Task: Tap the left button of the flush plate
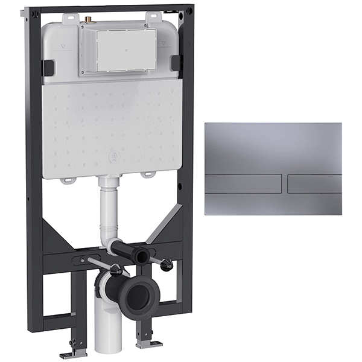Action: coord(243,183)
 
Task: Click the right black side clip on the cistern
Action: coord(176,63)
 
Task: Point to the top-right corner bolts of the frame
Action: coord(189,10)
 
